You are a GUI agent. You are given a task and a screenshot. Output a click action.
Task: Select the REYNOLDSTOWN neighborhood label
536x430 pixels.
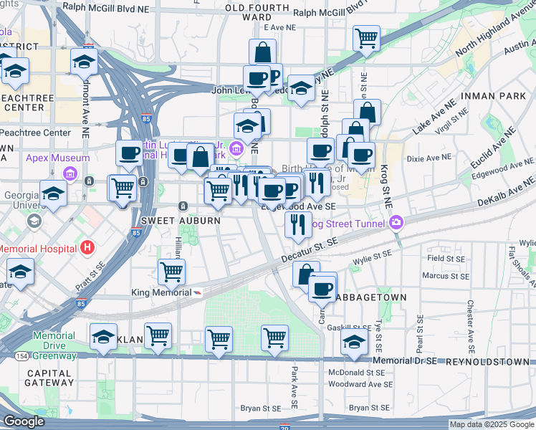click(487, 362)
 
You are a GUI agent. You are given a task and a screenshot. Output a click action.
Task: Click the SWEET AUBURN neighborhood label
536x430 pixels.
click(181, 221)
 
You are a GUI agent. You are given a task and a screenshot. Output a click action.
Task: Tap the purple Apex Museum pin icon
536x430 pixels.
click(70, 173)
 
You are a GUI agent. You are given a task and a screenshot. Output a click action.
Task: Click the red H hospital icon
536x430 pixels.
click(87, 248)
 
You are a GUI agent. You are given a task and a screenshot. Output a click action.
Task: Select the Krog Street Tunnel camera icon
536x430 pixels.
click(396, 223)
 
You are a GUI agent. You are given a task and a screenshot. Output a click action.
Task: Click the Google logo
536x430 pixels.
click(24, 421)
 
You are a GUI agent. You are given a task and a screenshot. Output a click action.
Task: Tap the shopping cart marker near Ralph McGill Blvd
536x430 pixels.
click(366, 37)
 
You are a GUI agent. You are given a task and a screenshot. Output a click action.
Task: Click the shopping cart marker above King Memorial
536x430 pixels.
click(172, 272)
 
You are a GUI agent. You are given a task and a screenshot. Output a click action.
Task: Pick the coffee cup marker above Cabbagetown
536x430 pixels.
click(322, 289)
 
